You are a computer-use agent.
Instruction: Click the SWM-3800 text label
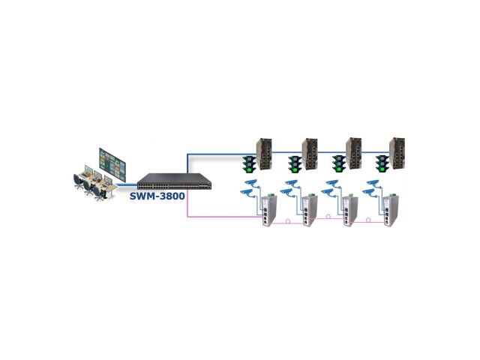coord(157,196)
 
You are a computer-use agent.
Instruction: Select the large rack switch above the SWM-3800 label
coord(175,181)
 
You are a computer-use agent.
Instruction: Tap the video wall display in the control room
coord(112,164)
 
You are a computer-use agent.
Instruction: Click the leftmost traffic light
coord(249,163)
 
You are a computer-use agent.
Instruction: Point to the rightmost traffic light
coord(382,163)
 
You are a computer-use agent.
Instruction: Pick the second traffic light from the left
coord(295,163)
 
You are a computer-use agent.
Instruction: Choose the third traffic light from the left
coord(339,163)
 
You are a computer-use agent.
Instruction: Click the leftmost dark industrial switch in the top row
coord(264,154)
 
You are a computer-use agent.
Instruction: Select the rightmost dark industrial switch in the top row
coord(397,153)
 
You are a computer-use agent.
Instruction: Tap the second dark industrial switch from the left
coord(310,154)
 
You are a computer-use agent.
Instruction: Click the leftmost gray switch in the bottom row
coord(269,210)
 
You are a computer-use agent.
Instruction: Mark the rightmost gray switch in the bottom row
coord(391,210)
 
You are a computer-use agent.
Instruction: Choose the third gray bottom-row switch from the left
coord(350,210)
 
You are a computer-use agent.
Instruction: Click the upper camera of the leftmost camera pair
coord(252,183)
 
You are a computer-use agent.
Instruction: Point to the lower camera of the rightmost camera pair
coord(369,193)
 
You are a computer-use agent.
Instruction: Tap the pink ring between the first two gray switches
coord(288,220)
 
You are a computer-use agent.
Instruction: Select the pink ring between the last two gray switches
coord(368,220)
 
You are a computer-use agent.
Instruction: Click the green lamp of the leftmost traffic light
coord(249,169)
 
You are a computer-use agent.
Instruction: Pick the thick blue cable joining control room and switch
coord(127,184)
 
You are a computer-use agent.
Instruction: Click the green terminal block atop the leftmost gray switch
coord(270,195)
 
